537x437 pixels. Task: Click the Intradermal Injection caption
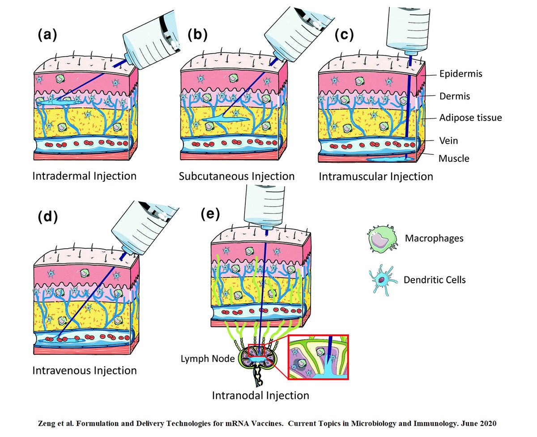84,176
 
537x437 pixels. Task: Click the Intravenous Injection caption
84,370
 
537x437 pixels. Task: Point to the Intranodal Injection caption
260,395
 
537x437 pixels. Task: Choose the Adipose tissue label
470,118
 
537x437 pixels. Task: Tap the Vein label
448,140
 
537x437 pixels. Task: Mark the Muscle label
454,158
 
